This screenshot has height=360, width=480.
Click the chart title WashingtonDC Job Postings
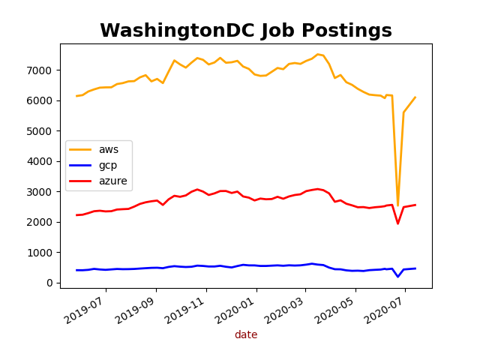pos(245,31)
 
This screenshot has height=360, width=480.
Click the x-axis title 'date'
pos(245,335)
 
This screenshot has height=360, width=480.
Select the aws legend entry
pos(109,149)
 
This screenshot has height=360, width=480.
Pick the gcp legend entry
pos(108,165)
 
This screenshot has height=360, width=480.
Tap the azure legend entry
pos(112,181)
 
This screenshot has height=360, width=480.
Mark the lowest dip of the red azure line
pos(397,223)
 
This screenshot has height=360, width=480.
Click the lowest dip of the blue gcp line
pos(398,277)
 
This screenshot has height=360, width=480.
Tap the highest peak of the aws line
pos(317,54)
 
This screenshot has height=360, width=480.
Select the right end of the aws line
pos(415,97)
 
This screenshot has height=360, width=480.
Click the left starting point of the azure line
pos(76,215)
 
